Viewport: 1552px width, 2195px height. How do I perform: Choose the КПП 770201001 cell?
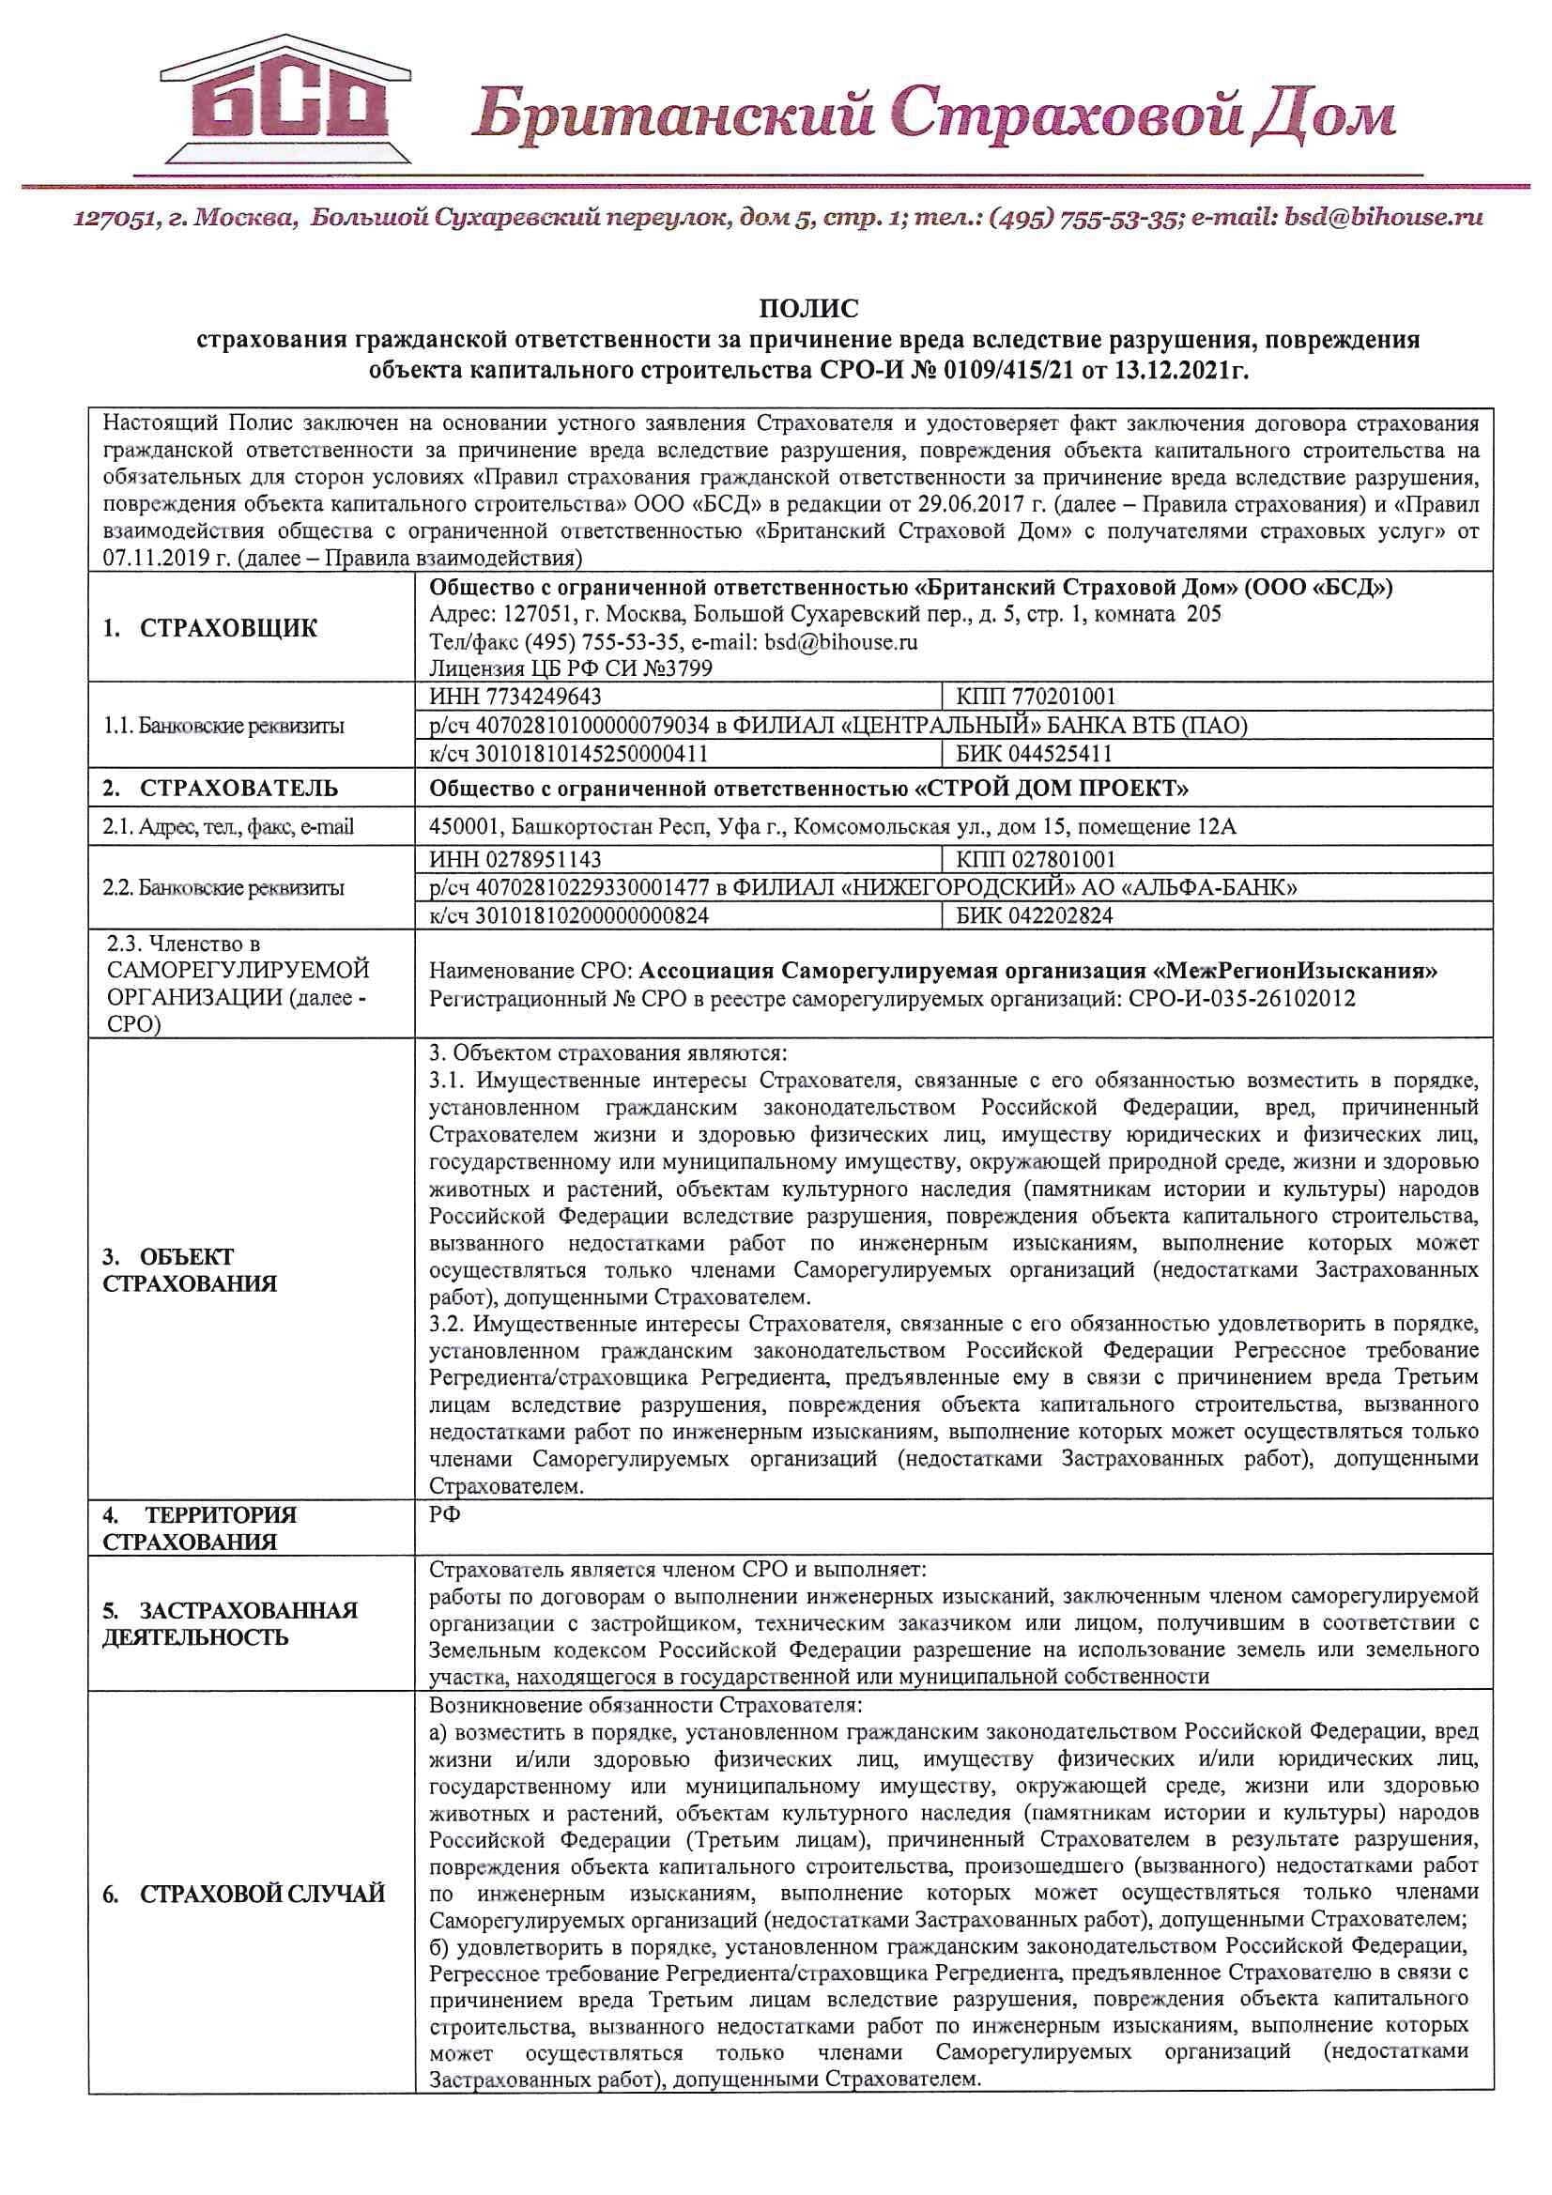1036,696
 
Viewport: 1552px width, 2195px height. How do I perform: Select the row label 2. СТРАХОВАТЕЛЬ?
220,788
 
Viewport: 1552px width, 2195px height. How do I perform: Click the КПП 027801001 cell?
1036,859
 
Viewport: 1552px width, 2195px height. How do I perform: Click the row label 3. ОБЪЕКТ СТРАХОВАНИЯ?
190,1269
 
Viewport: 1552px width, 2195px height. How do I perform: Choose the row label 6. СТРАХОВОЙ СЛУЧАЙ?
244,1893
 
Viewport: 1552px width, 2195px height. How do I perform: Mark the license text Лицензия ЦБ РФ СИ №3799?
571,668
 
